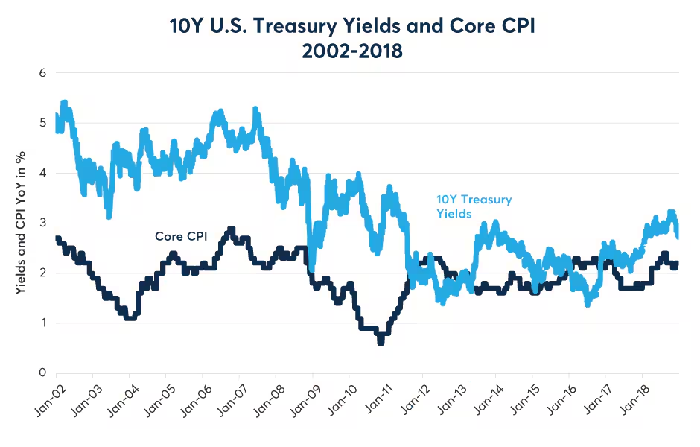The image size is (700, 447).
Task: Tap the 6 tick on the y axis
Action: (x=43, y=73)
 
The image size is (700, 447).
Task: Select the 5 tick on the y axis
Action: (x=43, y=123)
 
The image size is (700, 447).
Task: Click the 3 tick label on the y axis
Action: (x=43, y=223)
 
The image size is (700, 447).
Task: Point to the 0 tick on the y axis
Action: (x=43, y=372)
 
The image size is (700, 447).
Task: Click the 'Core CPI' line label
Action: (x=180, y=236)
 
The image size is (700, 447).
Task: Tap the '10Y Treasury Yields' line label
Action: (x=474, y=206)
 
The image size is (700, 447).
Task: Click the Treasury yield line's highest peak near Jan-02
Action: (x=64, y=103)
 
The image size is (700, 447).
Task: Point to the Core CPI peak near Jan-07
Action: (x=232, y=229)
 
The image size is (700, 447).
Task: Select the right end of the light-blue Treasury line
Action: (x=677, y=235)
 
